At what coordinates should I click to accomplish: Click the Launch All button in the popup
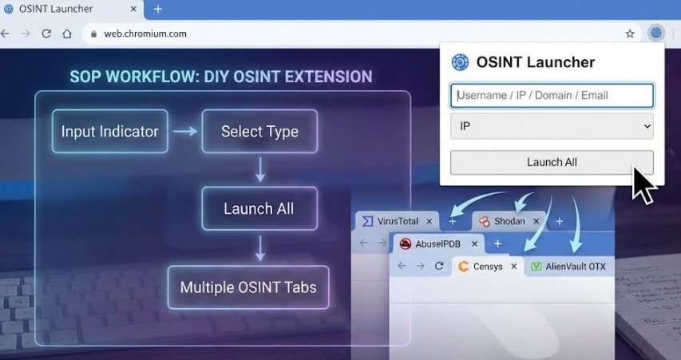[x=552, y=162]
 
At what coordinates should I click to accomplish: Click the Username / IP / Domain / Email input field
[x=552, y=96]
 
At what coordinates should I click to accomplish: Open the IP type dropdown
[x=552, y=126]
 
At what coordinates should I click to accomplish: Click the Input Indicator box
[x=110, y=131]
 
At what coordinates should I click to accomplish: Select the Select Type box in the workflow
[x=259, y=131]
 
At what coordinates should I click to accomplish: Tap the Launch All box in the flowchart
[x=259, y=208]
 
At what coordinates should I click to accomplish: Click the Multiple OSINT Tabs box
[x=247, y=287]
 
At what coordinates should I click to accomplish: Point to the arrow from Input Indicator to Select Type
[x=185, y=131]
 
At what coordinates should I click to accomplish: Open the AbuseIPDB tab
[x=436, y=243]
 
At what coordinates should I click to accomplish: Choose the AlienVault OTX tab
[x=572, y=266]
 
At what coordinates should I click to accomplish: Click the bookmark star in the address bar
[x=630, y=34]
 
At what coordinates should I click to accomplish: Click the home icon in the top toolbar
[x=67, y=34]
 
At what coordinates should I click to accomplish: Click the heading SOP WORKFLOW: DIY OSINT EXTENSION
[x=220, y=77]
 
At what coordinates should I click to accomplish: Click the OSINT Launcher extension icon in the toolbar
[x=655, y=34]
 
